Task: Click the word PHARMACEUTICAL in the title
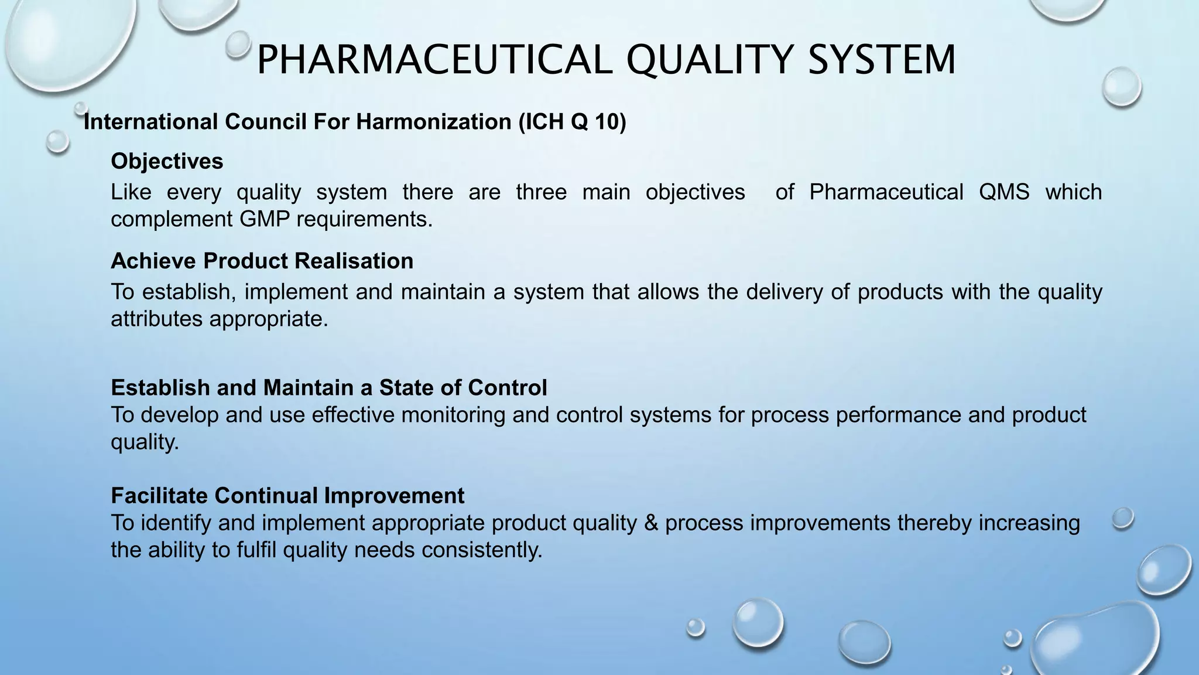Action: click(x=434, y=60)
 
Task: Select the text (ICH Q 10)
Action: click(x=572, y=122)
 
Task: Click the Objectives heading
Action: click(x=167, y=161)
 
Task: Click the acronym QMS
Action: click(x=1003, y=192)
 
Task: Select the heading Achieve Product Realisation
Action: click(x=262, y=261)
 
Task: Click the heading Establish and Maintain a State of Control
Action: click(x=328, y=388)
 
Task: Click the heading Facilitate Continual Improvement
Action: click(x=287, y=496)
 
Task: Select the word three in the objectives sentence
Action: click(x=541, y=192)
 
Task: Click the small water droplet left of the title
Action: click(x=238, y=45)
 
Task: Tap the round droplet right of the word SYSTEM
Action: click(x=1121, y=87)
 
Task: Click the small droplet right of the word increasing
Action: click(x=1122, y=518)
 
